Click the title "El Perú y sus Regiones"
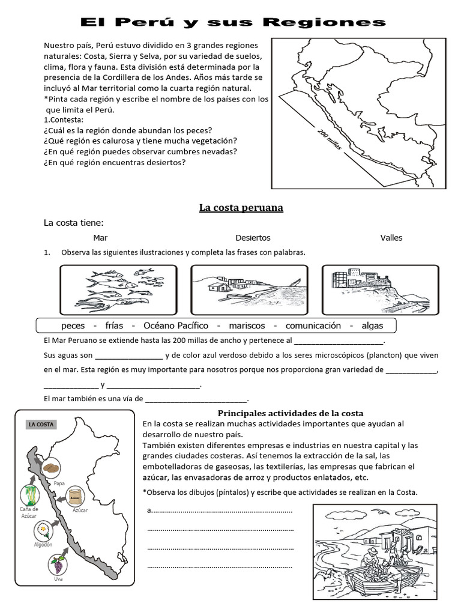[x=234, y=22]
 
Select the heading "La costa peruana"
[x=241, y=208]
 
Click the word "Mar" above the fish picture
[x=100, y=238]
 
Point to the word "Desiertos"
[x=253, y=238]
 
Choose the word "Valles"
[x=391, y=238]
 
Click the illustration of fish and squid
[x=119, y=289]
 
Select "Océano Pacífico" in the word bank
[x=176, y=326]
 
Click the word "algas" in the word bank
[x=372, y=326]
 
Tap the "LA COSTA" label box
[x=41, y=425]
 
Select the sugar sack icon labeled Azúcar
[x=76, y=495]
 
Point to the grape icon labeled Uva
[x=58, y=564]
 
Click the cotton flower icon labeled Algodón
[x=44, y=530]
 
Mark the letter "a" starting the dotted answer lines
[x=149, y=511]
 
